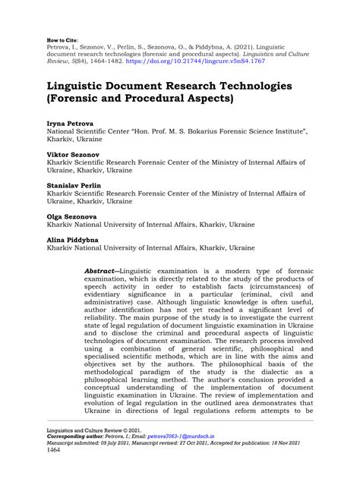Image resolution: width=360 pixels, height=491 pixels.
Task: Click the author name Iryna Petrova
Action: click(70, 123)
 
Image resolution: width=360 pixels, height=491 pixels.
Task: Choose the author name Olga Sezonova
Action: click(71, 217)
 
